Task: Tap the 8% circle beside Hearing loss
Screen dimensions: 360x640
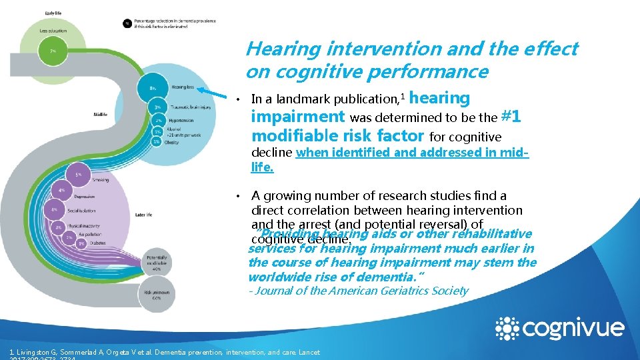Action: click(x=153, y=87)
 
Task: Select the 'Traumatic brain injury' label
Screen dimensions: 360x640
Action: click(x=192, y=107)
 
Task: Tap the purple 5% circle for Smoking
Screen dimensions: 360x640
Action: click(x=78, y=175)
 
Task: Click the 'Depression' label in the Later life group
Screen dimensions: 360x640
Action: click(x=85, y=197)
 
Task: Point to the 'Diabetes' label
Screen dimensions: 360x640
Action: click(x=98, y=243)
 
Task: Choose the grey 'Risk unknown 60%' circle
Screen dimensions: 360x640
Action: click(x=157, y=294)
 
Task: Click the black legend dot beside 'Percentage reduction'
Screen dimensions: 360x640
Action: click(x=127, y=23)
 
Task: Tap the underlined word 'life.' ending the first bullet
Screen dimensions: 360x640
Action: click(x=262, y=167)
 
